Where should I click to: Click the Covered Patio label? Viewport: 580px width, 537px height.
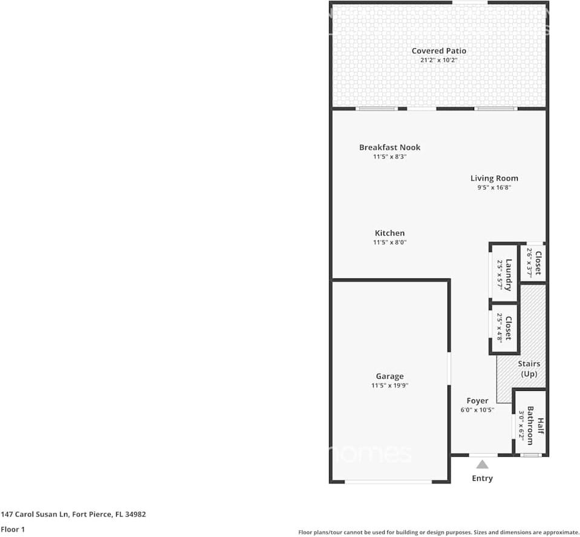[x=438, y=51]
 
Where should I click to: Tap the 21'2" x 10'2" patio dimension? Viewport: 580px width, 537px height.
[x=438, y=60]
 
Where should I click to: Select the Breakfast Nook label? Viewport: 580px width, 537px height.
[x=389, y=147]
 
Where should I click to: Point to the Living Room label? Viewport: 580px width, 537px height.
[x=494, y=178]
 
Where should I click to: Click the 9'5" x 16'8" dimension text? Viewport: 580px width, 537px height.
[x=494, y=187]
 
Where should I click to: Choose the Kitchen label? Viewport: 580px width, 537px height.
[x=389, y=233]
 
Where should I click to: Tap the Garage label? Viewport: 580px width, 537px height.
[x=389, y=376]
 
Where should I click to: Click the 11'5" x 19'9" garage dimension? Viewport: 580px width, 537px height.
[x=389, y=385]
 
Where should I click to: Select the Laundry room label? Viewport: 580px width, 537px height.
[x=509, y=275]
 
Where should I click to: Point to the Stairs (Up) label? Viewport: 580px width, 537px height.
[x=529, y=369]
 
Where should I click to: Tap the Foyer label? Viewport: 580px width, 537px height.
[x=477, y=400]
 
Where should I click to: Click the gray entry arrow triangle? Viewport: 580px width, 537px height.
[x=482, y=464]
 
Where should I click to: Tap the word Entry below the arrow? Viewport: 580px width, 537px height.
[x=482, y=478]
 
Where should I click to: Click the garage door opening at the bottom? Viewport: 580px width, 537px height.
[x=388, y=481]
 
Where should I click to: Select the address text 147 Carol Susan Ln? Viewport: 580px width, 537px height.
[x=73, y=515]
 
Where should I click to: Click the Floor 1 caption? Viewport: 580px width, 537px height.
[x=13, y=530]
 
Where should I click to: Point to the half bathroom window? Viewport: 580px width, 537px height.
[x=532, y=454]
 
